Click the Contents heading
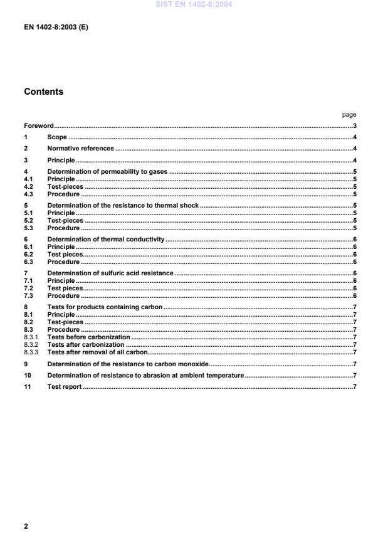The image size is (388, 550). click(43, 92)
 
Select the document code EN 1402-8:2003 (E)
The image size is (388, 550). click(56, 28)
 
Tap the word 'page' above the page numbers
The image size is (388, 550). click(349, 115)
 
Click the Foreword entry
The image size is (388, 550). click(39, 126)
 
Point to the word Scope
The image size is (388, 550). click(57, 137)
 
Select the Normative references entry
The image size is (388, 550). click(80, 149)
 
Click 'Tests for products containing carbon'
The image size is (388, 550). click(105, 307)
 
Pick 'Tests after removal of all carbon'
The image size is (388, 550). click(97, 352)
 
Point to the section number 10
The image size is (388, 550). click(28, 375)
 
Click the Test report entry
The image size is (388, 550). click(65, 386)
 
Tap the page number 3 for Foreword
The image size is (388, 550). click(354, 126)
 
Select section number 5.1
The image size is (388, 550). click(29, 213)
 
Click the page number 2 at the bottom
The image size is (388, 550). click(26, 526)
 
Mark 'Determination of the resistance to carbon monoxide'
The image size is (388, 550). click(127, 364)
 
